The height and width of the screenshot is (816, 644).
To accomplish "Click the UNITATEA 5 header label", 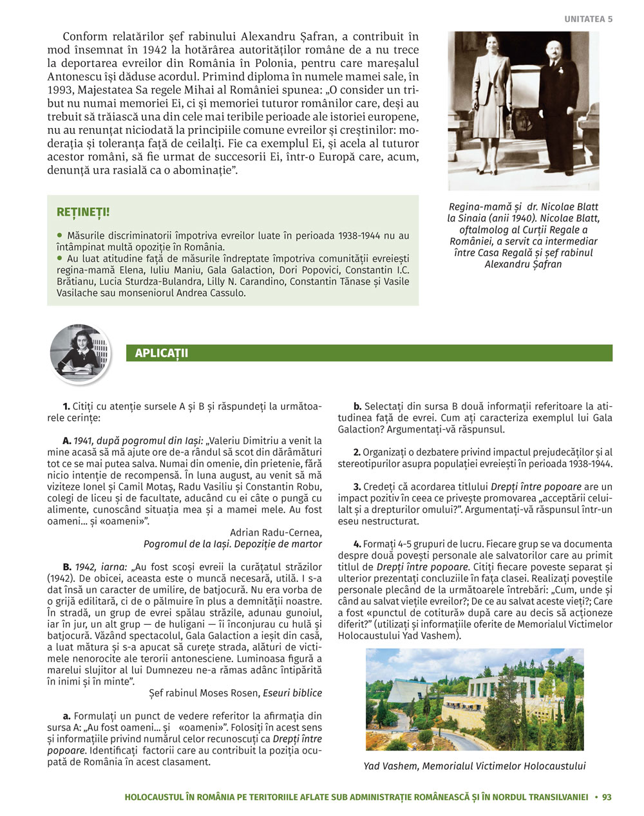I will (x=588, y=19).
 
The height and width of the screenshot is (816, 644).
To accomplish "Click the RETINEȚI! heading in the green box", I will (x=83, y=212).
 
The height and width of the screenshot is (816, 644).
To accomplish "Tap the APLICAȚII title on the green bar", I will (x=161, y=353).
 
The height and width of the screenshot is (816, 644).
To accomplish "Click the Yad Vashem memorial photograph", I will (x=475, y=699).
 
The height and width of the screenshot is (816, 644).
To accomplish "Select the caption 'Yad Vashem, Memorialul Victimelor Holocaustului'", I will (x=475, y=766).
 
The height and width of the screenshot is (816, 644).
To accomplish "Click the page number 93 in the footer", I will (x=606, y=797).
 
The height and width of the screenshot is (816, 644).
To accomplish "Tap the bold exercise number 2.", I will (x=357, y=452).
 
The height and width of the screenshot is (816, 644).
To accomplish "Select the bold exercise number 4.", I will (x=357, y=544).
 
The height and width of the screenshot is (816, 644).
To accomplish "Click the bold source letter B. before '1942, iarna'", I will (x=67, y=566).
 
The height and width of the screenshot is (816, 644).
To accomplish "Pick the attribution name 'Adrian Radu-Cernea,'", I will (x=276, y=532).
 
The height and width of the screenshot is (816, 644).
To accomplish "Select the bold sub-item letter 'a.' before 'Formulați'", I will (x=66, y=716).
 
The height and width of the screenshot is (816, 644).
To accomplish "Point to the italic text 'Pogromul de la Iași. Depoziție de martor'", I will (x=232, y=544).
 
